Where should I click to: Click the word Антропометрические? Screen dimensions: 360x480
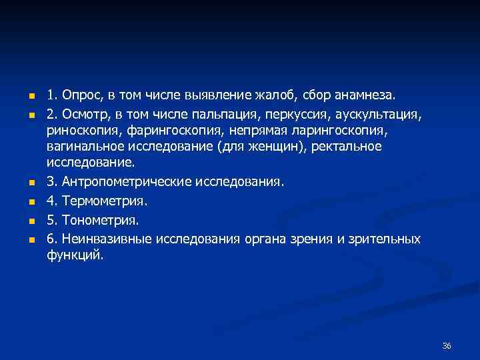126,181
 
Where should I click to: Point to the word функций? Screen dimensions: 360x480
75,255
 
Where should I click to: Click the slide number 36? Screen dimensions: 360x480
447,345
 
